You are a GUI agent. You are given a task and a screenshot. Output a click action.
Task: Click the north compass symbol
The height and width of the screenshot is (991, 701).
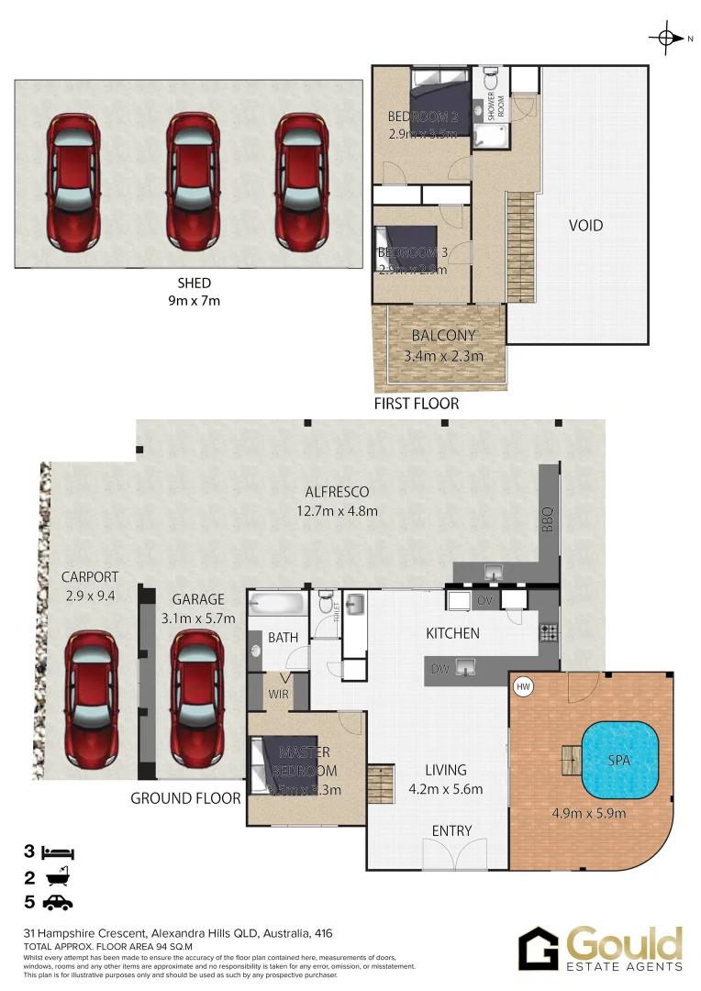[x=664, y=38]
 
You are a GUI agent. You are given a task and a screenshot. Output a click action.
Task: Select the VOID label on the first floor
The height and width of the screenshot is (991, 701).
[x=585, y=225]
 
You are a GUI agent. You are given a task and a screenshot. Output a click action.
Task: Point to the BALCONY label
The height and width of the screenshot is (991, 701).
[x=443, y=337]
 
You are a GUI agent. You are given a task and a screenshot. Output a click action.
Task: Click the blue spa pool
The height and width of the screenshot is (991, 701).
[x=620, y=761]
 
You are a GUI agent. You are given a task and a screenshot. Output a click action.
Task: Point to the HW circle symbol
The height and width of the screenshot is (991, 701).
[x=524, y=685]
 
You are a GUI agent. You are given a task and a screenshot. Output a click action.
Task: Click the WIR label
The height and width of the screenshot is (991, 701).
[x=278, y=695]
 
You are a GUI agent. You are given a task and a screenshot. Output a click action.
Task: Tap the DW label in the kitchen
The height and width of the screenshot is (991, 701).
[x=441, y=669]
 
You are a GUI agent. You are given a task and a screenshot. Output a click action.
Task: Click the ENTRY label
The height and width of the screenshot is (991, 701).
[x=451, y=831]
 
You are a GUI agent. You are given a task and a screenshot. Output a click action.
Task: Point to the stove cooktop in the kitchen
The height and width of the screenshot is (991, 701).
[x=548, y=632]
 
